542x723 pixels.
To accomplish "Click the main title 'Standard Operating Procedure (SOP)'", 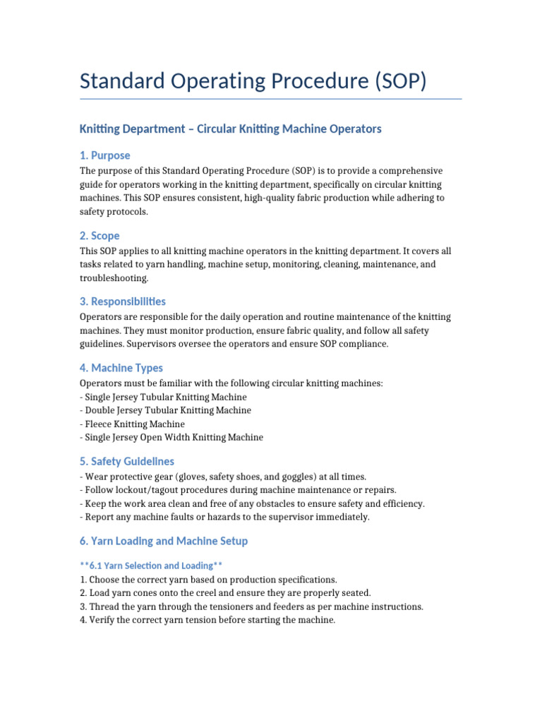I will click(x=253, y=80).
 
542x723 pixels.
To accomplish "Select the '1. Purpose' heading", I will click(x=104, y=155).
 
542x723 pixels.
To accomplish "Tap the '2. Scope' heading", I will click(x=100, y=236).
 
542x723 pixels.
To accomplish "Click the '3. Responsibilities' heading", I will click(x=123, y=301).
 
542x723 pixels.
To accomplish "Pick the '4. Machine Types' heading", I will click(x=121, y=368).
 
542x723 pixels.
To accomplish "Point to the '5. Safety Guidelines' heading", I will click(x=127, y=462).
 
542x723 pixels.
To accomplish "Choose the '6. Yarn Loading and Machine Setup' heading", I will click(x=164, y=542).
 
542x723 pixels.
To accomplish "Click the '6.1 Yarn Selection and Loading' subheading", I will click(x=152, y=566).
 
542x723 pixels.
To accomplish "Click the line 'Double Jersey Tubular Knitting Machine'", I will click(x=166, y=410).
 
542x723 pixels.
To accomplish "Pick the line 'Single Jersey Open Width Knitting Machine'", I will click(x=171, y=437).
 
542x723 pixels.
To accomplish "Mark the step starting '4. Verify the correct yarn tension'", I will click(x=207, y=620).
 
